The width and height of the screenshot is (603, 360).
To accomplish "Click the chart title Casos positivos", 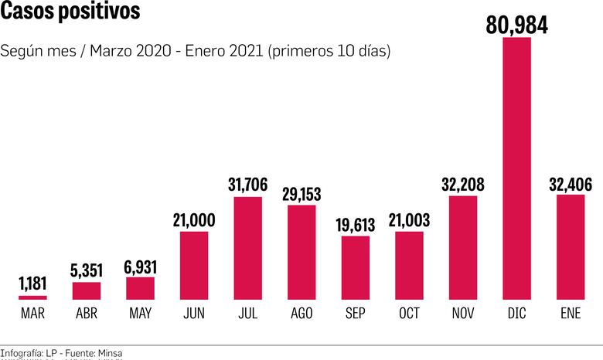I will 70,13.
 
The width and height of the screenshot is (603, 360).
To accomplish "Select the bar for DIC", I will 516,168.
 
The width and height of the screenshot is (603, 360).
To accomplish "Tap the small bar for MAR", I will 32,297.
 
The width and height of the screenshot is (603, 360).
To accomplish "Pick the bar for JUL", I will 247,248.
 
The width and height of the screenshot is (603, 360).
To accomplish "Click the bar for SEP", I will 356,267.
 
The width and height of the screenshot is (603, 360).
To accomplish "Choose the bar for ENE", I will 571,246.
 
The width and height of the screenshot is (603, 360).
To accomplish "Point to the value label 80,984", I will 516,25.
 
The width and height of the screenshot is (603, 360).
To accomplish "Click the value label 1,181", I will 32,284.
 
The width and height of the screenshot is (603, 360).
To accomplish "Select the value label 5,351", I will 86,270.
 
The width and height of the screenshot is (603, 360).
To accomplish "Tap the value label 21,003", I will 409,220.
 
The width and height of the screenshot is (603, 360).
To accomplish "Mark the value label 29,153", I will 301,193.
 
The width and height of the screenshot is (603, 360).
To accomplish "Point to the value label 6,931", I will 140,267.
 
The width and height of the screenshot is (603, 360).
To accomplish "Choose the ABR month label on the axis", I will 86,314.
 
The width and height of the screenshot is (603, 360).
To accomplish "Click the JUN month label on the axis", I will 194,314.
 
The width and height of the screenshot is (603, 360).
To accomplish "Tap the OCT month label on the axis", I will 409,314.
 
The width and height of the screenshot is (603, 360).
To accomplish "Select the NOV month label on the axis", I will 462,314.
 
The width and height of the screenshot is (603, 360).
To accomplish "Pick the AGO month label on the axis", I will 301,314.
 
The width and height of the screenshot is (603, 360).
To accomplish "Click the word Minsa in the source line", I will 109,352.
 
